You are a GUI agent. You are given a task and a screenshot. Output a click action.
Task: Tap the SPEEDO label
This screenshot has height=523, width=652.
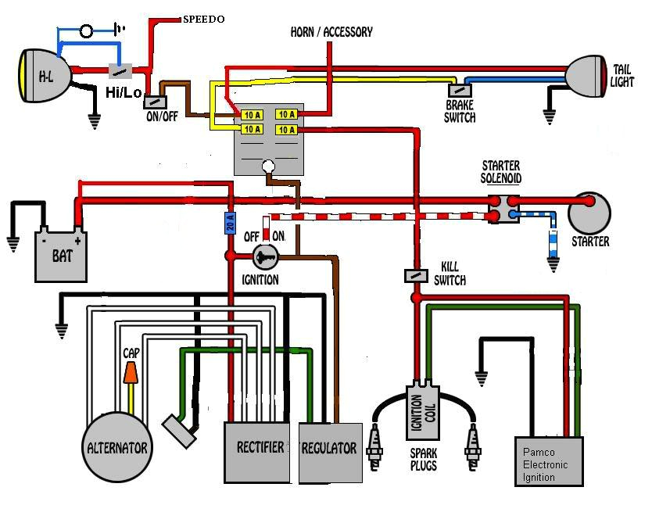203,19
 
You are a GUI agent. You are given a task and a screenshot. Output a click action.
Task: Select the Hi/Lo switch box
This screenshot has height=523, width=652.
120,72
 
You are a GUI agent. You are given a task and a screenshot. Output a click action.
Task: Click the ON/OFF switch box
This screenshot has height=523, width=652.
156,101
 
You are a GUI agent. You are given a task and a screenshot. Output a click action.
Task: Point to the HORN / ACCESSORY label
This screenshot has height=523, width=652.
331,32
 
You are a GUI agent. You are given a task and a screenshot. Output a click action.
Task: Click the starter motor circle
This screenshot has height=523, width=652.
589,213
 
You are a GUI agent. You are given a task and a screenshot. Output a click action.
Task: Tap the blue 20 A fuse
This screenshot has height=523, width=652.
230,223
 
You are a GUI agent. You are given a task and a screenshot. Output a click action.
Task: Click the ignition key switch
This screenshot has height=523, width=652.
263,255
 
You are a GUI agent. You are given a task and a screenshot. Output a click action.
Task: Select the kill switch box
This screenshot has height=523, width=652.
415,276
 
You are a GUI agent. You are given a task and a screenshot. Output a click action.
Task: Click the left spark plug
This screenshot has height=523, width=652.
381,449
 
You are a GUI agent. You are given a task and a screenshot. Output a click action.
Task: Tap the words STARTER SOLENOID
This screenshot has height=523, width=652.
501,172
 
